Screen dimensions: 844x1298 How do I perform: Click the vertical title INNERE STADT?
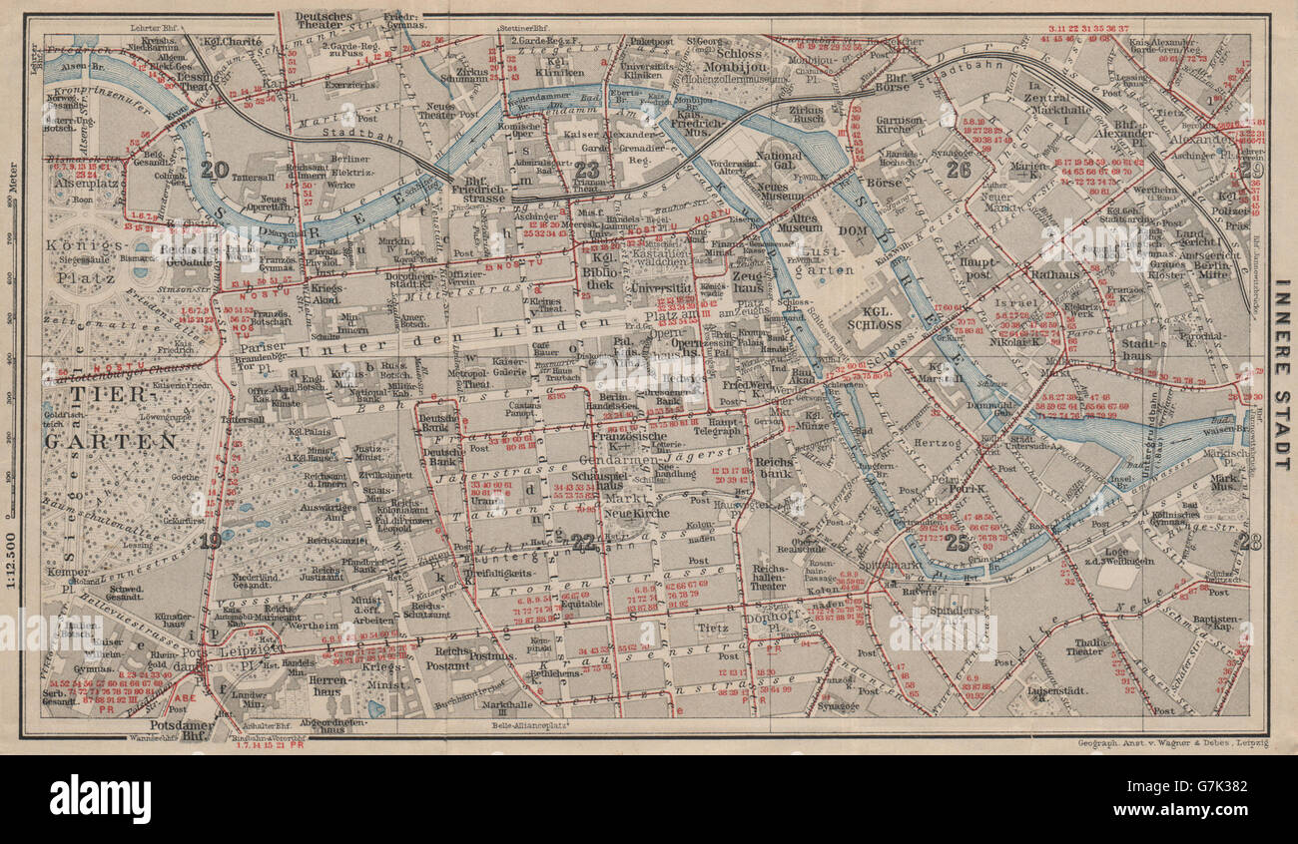click(1281, 373)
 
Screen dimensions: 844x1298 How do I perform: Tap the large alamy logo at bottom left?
click(100, 800)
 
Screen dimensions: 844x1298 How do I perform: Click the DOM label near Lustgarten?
click(832, 230)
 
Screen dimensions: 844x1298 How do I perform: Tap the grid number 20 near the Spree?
click(214, 169)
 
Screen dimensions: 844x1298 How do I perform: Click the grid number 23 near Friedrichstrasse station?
click(587, 170)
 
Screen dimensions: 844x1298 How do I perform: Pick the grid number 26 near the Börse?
click(958, 169)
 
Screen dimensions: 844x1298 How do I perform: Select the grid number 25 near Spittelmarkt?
click(958, 542)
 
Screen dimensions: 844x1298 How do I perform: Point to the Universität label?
click(662, 287)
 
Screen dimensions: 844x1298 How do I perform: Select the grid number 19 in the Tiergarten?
click(210, 542)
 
